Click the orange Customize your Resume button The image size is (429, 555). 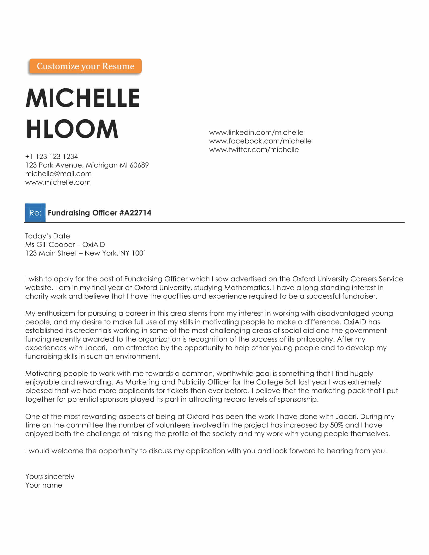tap(85, 66)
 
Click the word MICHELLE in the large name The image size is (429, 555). tap(83, 98)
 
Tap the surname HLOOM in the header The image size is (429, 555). tap(72, 129)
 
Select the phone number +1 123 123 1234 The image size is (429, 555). tap(51, 157)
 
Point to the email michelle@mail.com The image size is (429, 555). tap(59, 174)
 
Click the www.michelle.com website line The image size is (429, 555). tap(58, 182)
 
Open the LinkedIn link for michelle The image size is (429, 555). tap(256, 133)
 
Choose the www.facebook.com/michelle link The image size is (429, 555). tap(260, 141)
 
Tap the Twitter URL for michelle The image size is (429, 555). tap(254, 150)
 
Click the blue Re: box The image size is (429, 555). tap(35, 213)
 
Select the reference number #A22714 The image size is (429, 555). tap(135, 213)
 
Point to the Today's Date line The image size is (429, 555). tap(47, 236)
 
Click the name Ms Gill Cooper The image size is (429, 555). tap(50, 245)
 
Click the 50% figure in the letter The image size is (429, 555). tap(336, 425)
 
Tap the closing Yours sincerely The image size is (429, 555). tap(50, 477)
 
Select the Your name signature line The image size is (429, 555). tap(44, 485)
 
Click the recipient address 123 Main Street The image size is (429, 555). tap(51, 253)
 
